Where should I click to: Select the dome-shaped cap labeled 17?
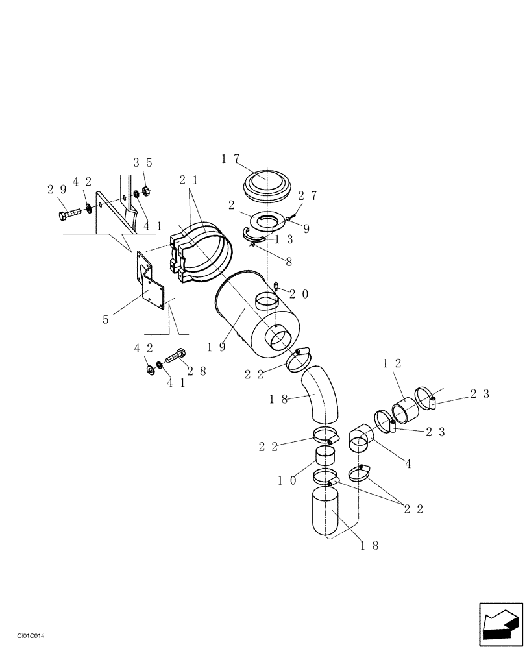tap(265, 184)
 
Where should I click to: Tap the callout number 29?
tap(56, 189)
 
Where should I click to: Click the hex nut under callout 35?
tap(147, 190)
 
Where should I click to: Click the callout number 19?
tap(217, 347)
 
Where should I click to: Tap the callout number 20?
tap(299, 294)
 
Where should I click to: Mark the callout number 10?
tap(288, 481)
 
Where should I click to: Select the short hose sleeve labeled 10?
tap(326, 457)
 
